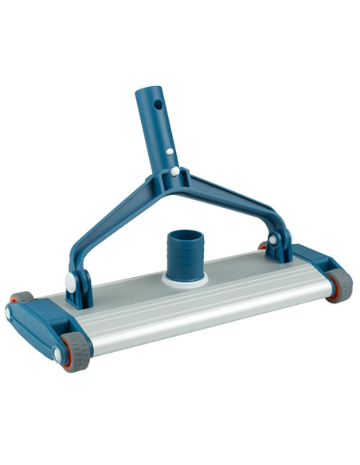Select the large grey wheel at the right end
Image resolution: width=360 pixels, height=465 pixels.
340,283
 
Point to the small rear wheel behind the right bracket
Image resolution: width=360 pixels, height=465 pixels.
262,246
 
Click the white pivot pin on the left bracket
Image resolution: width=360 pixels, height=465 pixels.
72,282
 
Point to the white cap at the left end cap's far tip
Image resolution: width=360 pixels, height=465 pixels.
10,313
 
